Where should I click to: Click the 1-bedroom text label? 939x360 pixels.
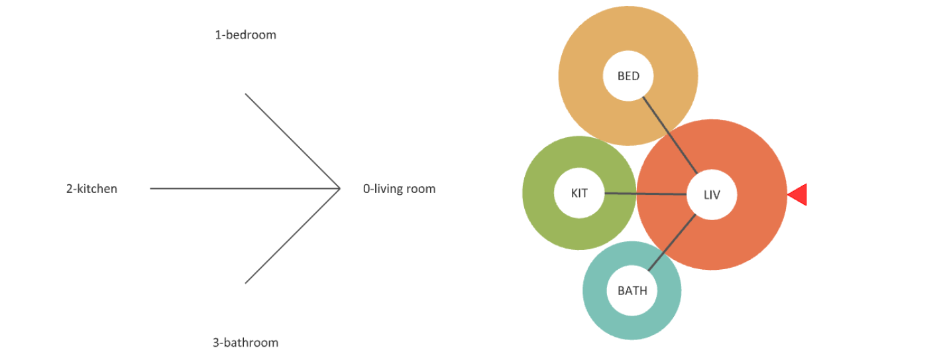point(245,35)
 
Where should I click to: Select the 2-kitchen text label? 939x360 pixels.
point(91,189)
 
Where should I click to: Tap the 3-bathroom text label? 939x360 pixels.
point(245,343)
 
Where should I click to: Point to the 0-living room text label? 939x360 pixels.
point(399,189)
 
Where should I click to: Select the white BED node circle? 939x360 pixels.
point(628,76)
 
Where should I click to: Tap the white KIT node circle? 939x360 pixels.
point(579,194)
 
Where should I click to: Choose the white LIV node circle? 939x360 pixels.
point(712,195)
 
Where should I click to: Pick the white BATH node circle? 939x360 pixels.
point(632,290)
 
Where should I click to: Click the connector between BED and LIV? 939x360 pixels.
point(669,133)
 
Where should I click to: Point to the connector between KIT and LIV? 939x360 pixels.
point(646,194)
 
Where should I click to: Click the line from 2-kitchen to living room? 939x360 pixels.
point(245,189)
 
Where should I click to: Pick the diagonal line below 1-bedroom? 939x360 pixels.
point(292,141)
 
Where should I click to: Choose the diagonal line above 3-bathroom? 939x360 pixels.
point(292,237)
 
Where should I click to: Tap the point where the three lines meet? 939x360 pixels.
point(339,189)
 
